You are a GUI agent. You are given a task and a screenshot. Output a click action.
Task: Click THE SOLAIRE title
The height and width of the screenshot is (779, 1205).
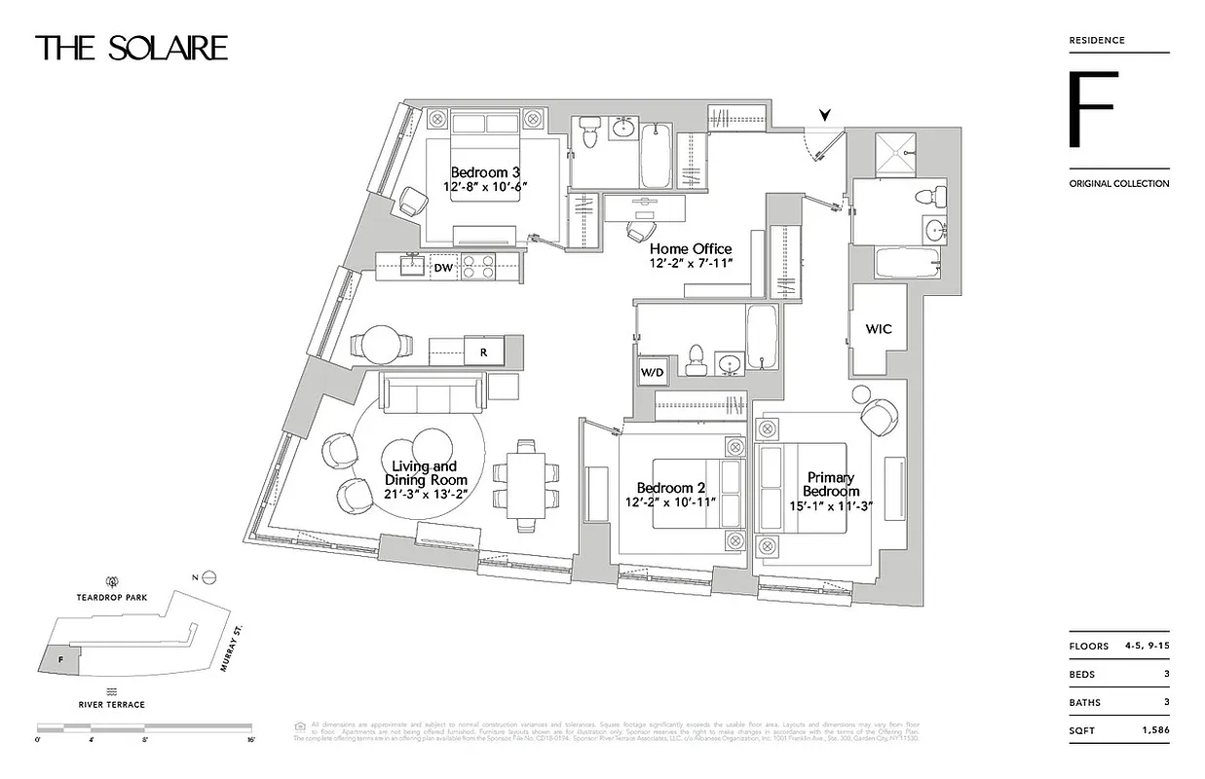click(x=132, y=49)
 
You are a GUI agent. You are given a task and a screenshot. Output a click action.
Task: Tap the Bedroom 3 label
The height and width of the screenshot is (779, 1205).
click(x=485, y=173)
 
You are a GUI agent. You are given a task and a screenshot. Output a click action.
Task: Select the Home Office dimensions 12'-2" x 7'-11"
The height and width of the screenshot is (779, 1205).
click(x=691, y=264)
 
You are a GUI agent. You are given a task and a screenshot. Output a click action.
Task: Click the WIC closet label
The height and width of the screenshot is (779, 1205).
click(x=879, y=329)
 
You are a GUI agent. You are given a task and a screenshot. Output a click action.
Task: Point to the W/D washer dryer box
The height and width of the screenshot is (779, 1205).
click(x=652, y=372)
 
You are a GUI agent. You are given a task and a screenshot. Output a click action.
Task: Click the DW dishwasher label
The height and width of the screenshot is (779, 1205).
click(x=443, y=267)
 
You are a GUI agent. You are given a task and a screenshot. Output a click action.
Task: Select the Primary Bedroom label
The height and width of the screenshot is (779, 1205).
click(x=831, y=484)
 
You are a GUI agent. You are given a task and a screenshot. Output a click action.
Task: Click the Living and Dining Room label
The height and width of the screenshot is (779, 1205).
click(x=426, y=473)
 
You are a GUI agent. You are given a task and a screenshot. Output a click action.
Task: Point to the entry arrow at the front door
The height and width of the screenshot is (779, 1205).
click(x=825, y=115)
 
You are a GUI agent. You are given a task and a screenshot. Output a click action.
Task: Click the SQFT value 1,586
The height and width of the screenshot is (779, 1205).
click(x=1152, y=729)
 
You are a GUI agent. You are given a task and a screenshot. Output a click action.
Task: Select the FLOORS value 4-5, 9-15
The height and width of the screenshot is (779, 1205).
click(x=1147, y=646)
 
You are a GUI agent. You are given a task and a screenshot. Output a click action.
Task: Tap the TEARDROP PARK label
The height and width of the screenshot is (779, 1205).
click(x=113, y=598)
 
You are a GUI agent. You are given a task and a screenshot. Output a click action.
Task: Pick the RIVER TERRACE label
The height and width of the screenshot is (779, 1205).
click(x=113, y=704)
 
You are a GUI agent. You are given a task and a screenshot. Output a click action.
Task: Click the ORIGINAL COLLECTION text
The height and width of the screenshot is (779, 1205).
click(x=1118, y=183)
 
